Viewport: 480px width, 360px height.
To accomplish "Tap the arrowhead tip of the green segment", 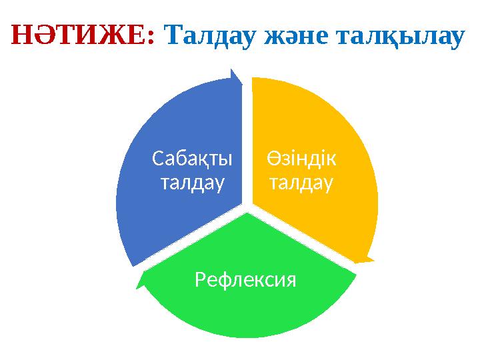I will [137, 287].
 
